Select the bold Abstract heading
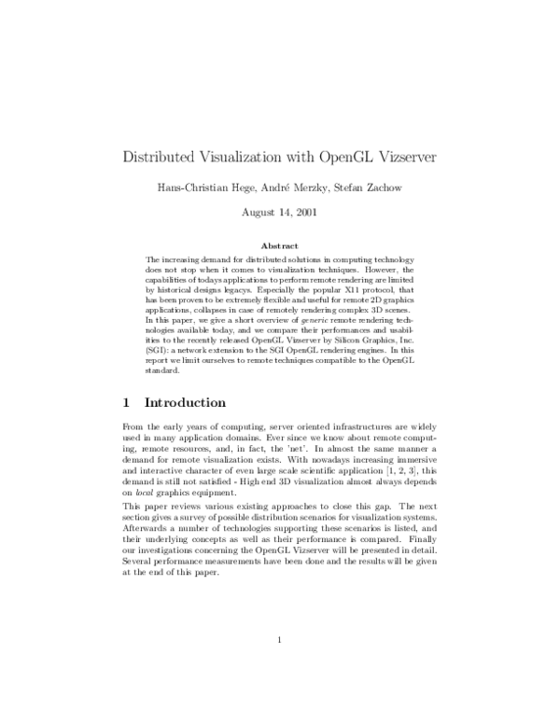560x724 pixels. click(280, 245)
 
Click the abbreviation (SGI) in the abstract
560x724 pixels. click(158, 355)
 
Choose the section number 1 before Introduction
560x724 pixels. click(126, 403)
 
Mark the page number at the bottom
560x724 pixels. click(280, 665)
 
